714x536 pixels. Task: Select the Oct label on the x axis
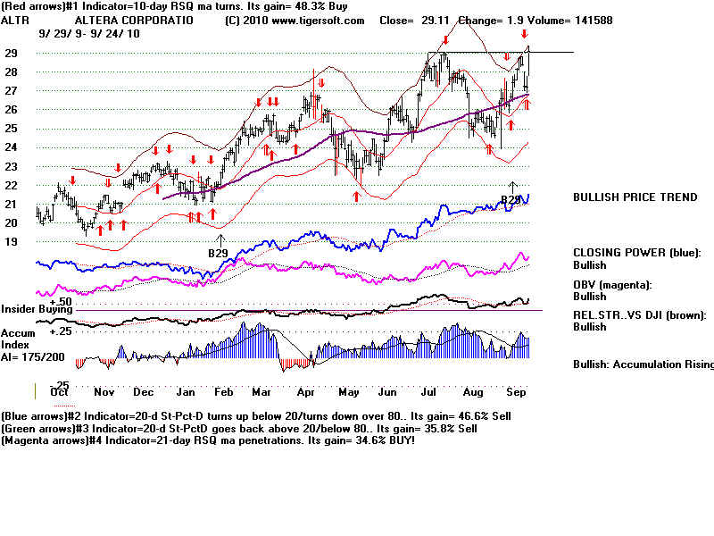[60, 392]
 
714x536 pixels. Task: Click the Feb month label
[225, 392]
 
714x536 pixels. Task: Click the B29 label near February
[219, 254]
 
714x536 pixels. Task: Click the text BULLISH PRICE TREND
[635, 197]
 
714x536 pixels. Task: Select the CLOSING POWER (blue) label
[636, 253]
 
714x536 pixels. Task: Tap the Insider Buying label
[37, 309]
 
